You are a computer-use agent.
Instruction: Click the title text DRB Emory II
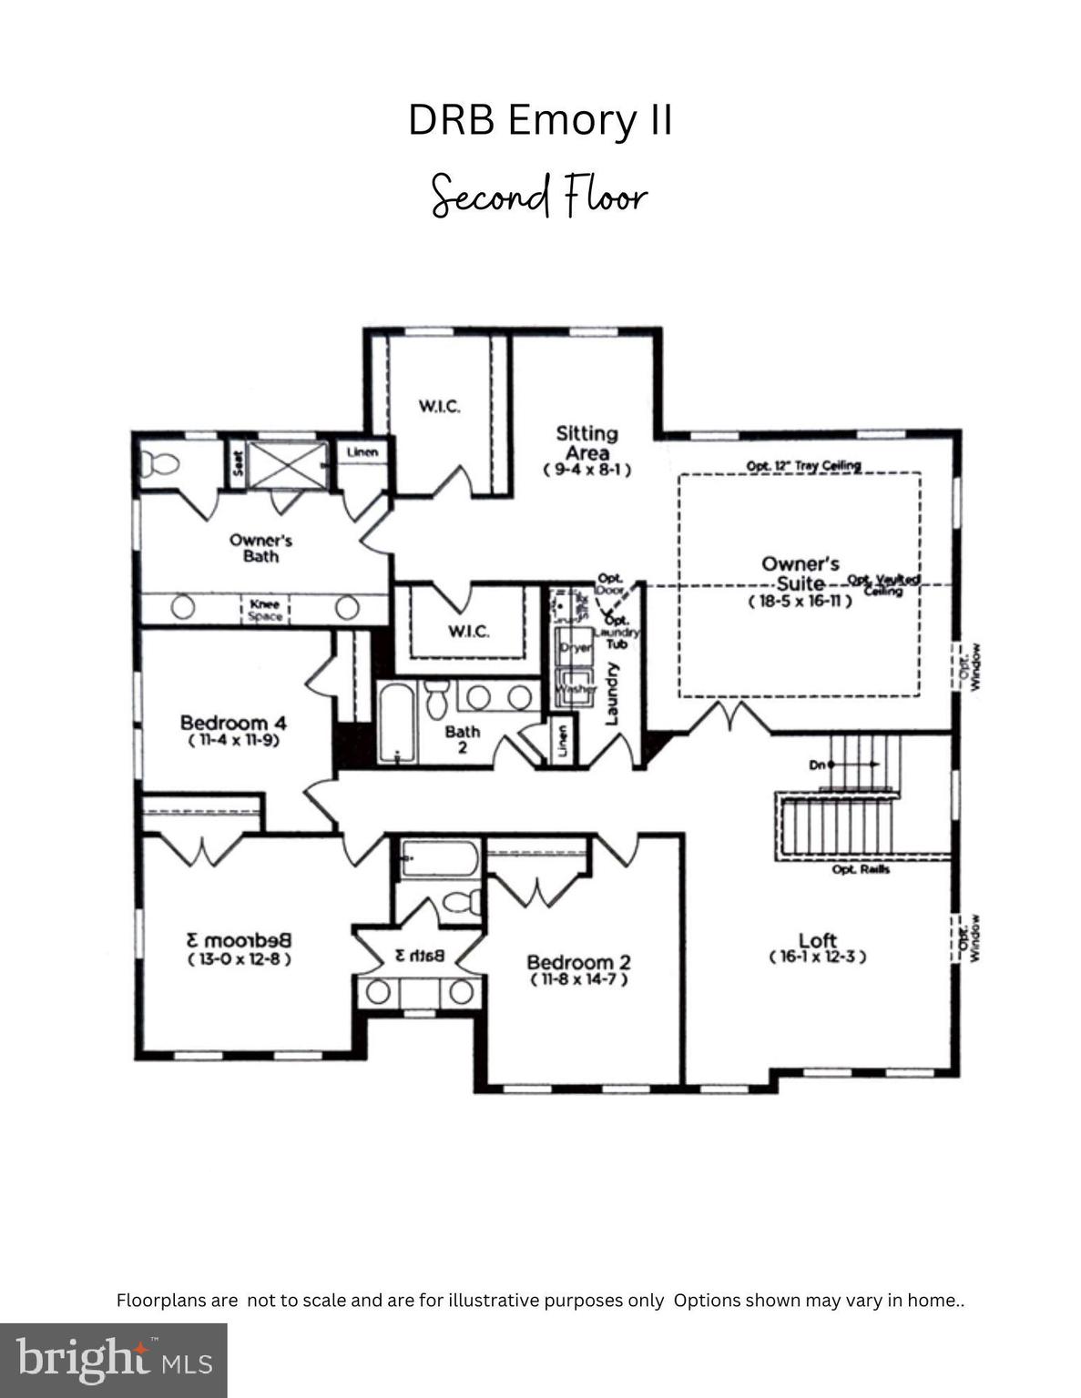point(540,120)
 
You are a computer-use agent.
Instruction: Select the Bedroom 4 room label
point(233,724)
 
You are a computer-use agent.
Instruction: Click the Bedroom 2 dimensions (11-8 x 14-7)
point(579,979)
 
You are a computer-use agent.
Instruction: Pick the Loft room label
point(817,940)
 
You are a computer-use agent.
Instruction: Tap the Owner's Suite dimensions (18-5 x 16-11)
point(801,602)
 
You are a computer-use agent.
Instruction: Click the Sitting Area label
point(587,443)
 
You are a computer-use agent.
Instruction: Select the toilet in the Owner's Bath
point(160,465)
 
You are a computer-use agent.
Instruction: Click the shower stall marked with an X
point(287,465)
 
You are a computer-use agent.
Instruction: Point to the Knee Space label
point(265,610)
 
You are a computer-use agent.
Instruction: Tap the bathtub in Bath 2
point(396,724)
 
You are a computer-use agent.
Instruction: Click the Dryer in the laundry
point(576,647)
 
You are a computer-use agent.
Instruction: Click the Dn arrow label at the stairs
point(818,765)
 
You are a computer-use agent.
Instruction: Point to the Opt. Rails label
point(861,869)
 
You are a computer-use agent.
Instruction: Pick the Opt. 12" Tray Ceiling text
point(803,466)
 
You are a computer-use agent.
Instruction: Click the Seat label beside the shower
point(238,464)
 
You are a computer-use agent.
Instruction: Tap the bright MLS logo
point(114,1360)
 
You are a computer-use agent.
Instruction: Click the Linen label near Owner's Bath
point(362,451)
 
